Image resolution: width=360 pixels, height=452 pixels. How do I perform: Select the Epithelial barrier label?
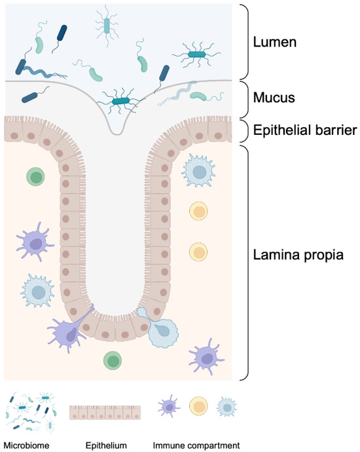click(304, 131)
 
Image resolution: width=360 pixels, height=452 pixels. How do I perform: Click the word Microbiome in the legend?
click(26, 445)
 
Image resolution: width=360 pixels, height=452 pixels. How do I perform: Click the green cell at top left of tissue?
click(35, 176)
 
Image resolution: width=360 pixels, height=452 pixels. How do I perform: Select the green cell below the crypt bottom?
click(113, 360)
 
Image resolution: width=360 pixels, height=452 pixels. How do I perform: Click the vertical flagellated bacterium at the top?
click(108, 24)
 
